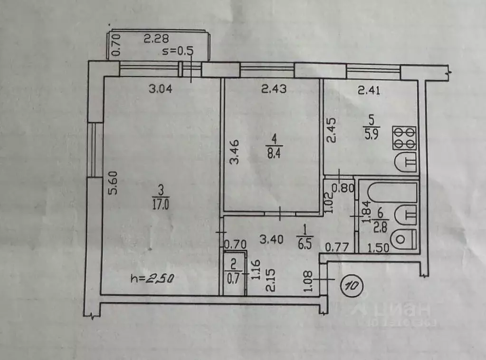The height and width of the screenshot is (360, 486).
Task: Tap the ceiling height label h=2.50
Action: pyautogui.click(x=152, y=279)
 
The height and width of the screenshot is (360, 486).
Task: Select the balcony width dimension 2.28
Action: pyautogui.click(x=156, y=39)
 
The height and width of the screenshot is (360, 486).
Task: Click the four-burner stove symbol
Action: pyautogui.click(x=404, y=137)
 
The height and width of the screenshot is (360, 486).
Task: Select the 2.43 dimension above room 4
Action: pyautogui.click(x=274, y=89)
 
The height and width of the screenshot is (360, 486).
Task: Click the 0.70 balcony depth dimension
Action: pyautogui.click(x=114, y=46)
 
